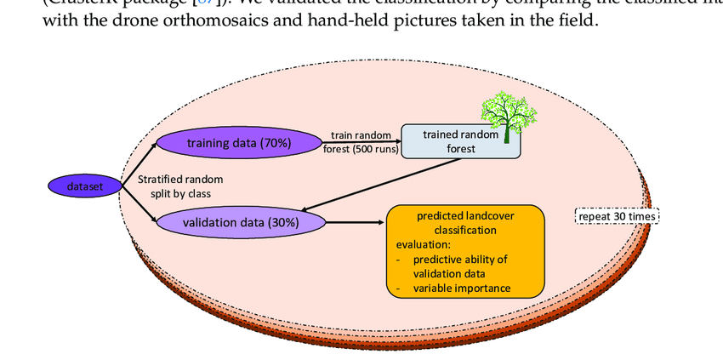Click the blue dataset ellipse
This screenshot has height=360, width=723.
coord(83,186)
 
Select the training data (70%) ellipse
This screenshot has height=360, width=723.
coord(238,143)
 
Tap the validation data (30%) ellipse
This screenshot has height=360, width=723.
coord(240,223)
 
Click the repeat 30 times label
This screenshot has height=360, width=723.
coord(617,216)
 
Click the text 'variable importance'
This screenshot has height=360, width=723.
coord(462,289)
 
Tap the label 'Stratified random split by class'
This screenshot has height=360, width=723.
coord(179,186)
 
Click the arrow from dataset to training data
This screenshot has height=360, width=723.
coord(138,164)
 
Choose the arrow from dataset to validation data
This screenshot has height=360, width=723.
coord(138,206)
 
